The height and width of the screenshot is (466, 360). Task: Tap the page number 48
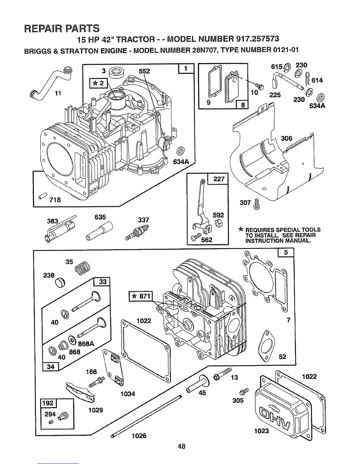pos(181,446)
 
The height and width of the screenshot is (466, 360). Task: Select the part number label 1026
pos(139,436)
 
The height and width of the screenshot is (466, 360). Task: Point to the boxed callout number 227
pos(218,179)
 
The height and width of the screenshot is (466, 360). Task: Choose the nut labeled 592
pos(218,224)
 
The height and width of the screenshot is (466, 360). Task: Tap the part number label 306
pos(286,138)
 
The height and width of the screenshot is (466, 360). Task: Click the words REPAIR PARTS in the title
pos(61,28)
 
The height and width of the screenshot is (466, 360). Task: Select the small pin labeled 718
pos(43,195)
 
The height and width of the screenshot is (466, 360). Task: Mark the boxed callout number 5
pos(286,252)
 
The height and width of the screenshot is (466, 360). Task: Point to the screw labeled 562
pos(196,237)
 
